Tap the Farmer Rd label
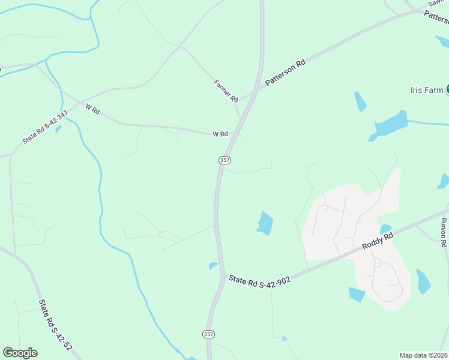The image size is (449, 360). click(x=226, y=91)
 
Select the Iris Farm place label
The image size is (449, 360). click(x=426, y=90)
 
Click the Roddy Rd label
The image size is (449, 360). click(x=378, y=241)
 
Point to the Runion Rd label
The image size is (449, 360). click(x=444, y=233)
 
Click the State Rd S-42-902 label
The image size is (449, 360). click(x=259, y=280)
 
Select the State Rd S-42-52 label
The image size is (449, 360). click(x=56, y=325)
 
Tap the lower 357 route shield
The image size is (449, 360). click(x=208, y=334)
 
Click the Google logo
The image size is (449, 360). click(x=20, y=353)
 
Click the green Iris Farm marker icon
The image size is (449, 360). click(x=447, y=90)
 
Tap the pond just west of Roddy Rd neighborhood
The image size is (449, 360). click(x=265, y=223)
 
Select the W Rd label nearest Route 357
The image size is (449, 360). click(x=220, y=134)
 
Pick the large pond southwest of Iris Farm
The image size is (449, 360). click(x=390, y=125)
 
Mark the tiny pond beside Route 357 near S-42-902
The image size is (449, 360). click(x=212, y=265)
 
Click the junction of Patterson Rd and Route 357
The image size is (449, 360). click(x=256, y=90)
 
